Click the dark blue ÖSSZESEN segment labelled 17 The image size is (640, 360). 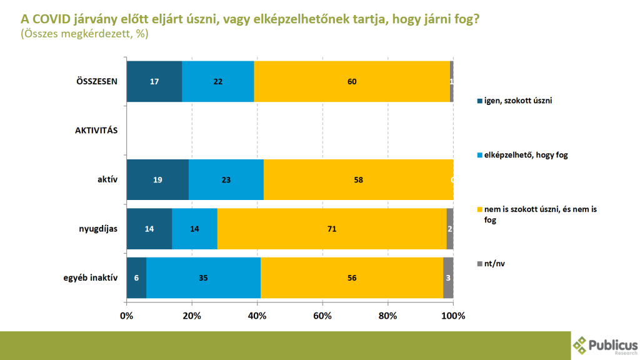coord(154,81)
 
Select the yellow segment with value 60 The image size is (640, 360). coord(351,81)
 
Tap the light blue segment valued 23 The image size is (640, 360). coord(226,179)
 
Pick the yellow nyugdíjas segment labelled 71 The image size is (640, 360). coord(332,229)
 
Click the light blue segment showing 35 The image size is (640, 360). coord(203,277)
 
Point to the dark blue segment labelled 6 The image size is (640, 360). coord(136,277)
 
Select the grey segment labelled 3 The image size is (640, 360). coord(448,277)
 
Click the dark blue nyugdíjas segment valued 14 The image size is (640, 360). coord(149,229)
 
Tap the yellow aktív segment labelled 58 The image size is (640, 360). coord(358,179)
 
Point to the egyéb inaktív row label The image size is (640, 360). coord(92,278)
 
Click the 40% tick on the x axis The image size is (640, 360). coord(257,316)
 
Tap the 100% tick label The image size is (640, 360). coord(453,316)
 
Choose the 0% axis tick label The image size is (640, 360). coord(127,316)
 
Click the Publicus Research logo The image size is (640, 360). coord(605,345)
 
